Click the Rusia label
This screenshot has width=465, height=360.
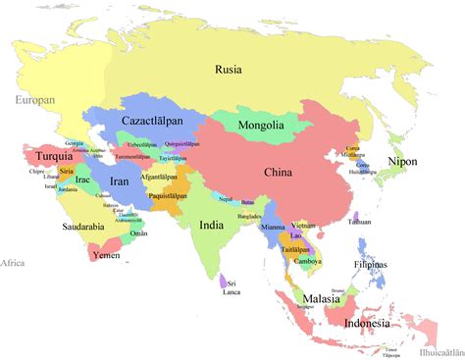coord(230,69)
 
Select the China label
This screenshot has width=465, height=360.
coord(279,174)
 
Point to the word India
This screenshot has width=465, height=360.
coord(211,225)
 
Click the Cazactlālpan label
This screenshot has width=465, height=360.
coord(155,121)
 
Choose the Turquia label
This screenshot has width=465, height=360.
coord(53,157)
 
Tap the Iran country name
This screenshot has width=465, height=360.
coord(119,181)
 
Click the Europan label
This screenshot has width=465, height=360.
coord(34,100)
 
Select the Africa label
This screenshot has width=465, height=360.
coord(12,263)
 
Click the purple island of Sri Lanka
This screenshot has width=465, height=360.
coord(225,283)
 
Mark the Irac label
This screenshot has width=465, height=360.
coord(82,180)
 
